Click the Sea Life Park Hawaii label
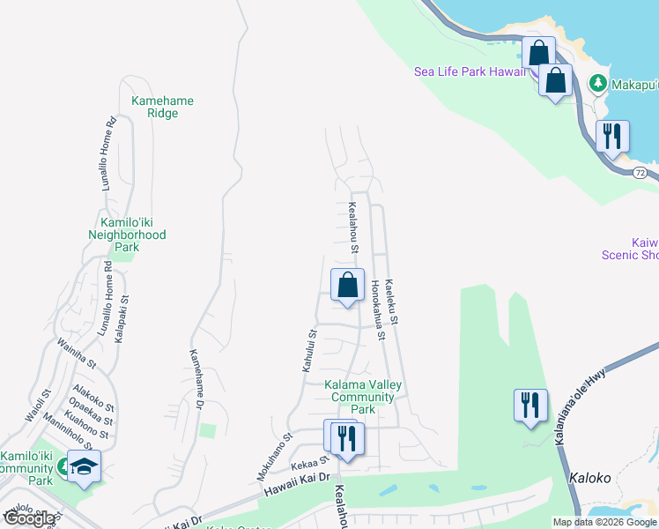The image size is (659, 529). [x=470, y=71]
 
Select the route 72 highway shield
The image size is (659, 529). [x=640, y=172]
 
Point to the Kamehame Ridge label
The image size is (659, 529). [x=162, y=107]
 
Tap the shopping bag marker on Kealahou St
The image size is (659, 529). [x=347, y=285]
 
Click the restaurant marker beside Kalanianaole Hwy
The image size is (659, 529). [x=530, y=406]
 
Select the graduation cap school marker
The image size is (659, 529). [x=84, y=467]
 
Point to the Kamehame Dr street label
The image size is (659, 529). [x=196, y=379]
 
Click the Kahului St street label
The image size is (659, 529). [x=308, y=350]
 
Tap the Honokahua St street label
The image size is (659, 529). [x=379, y=309]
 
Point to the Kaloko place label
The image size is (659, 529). [x=590, y=479]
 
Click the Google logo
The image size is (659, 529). [x=29, y=518]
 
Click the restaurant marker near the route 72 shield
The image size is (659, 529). [x=611, y=137]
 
